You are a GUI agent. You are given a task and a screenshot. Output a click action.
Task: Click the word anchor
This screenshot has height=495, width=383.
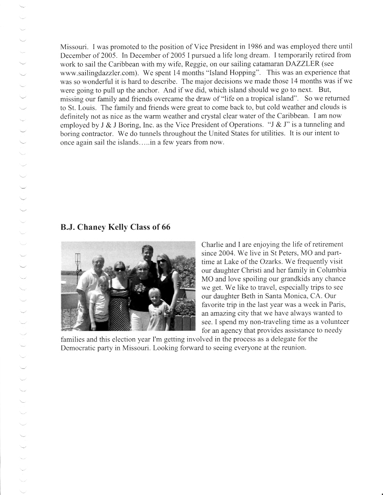point(141,89)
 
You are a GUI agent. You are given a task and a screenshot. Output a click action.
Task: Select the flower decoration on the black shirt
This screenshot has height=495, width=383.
point(139,288)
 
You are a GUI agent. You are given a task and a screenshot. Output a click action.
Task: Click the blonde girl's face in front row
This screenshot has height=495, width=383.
point(104,283)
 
